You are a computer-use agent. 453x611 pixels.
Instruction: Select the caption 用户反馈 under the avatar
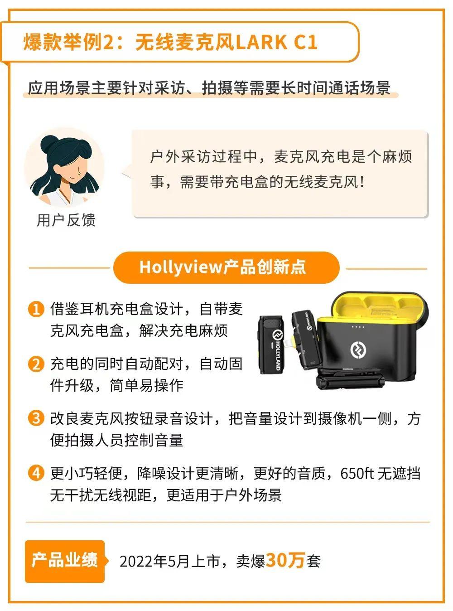66,220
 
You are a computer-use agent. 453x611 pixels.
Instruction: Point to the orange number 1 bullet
35,310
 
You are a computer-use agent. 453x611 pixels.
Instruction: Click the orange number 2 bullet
35,364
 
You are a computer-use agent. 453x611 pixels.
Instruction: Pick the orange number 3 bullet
35,418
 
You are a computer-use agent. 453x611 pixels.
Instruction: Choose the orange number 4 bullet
35,473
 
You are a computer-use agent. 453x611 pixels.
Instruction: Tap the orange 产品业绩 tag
65,561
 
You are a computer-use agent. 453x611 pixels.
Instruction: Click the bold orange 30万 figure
285,561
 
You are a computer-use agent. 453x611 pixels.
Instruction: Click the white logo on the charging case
361,349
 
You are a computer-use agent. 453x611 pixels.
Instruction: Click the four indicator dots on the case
358,326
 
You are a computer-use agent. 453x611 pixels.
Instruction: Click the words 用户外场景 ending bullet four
253,495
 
